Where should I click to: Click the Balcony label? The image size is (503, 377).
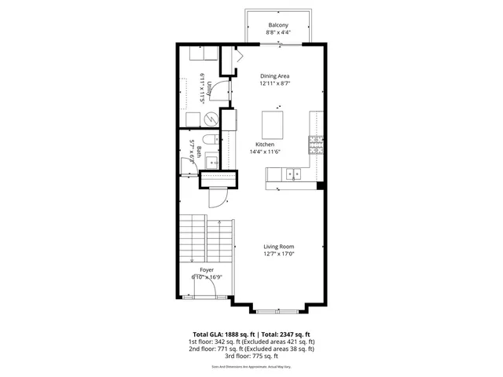click(277, 25)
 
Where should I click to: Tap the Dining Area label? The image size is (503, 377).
click(275, 75)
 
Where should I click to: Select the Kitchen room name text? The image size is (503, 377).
click(264, 145)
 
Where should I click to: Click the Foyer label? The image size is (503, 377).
click(206, 269)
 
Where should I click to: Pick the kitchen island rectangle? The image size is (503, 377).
click(272, 123)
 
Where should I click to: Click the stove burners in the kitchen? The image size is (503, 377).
click(315, 145)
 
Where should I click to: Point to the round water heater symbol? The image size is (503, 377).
click(211, 119)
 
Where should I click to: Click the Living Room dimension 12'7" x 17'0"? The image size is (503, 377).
click(279, 253)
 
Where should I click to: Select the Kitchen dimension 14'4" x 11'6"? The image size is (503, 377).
click(264, 152)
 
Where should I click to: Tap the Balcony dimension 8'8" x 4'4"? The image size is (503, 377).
click(277, 33)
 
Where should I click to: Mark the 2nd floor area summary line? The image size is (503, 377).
click(251, 348)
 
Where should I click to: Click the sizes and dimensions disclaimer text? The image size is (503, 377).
click(251, 367)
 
